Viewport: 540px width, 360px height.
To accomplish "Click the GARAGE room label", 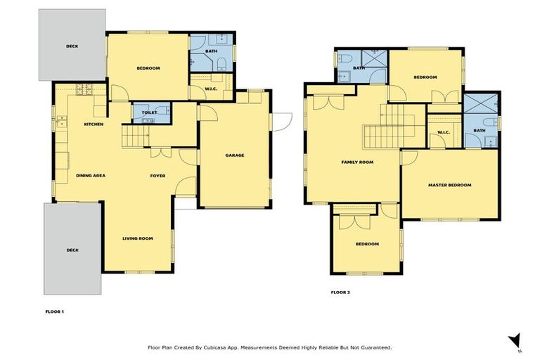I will point(234,155).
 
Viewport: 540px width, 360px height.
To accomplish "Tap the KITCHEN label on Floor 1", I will point(94,124).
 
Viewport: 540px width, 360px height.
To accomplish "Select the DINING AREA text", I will point(91,176).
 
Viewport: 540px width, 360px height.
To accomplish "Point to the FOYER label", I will point(157,176).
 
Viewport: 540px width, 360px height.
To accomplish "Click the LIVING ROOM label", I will point(137,238).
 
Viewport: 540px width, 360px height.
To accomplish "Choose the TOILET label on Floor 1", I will point(148,112).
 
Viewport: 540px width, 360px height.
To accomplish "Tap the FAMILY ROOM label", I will point(356,162).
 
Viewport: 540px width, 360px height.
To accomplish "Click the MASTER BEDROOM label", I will point(449,186).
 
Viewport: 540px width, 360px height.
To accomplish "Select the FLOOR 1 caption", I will point(54,310).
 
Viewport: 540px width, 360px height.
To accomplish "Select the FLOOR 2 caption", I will point(340,292).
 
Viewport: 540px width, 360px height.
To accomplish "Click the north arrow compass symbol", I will point(515,340).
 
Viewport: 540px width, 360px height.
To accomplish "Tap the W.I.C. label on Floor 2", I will point(443,132).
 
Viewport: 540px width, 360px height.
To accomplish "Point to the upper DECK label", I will point(72,46).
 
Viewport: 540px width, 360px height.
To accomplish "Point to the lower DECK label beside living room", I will point(72,250).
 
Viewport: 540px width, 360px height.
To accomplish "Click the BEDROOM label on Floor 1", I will point(148,68).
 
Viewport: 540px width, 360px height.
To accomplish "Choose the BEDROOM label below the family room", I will point(366,244).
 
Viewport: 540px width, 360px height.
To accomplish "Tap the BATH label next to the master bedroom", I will point(479,130).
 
